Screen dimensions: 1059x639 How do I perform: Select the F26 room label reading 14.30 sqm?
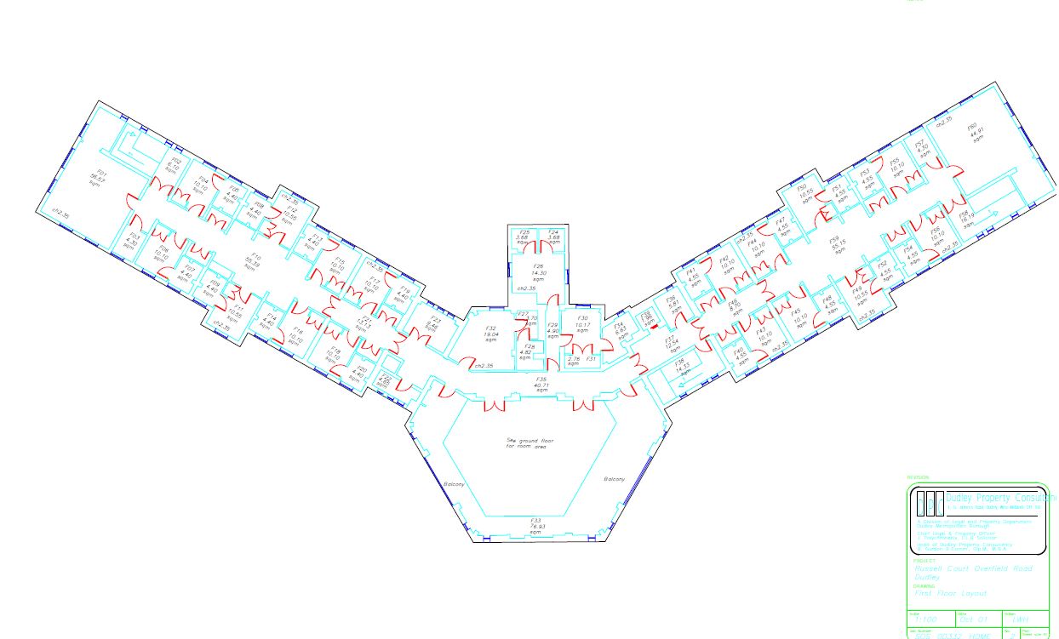538,272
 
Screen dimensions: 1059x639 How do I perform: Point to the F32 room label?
490,334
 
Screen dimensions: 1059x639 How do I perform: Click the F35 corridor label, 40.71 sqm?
540,384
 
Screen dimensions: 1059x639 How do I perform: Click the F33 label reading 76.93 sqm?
536,524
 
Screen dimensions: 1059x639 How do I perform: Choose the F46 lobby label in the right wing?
734,307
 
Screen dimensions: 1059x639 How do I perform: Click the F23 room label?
433,324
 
